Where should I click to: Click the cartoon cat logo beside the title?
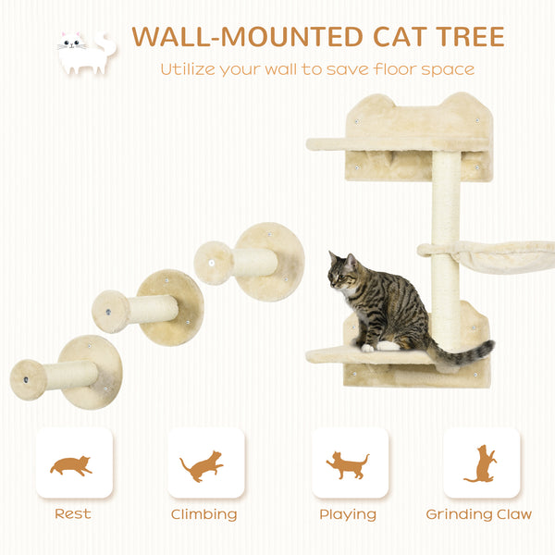85,53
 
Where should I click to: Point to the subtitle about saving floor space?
317,69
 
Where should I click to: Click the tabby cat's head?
343,272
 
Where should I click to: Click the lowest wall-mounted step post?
67,374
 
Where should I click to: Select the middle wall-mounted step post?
148,308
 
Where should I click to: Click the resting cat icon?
72,465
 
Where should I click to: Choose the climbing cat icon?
203,464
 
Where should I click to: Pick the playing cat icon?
348,464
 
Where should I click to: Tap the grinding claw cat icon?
479,463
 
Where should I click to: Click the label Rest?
73,514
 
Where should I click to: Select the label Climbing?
203,514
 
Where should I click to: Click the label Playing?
348,514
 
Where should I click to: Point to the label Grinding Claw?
479,514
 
